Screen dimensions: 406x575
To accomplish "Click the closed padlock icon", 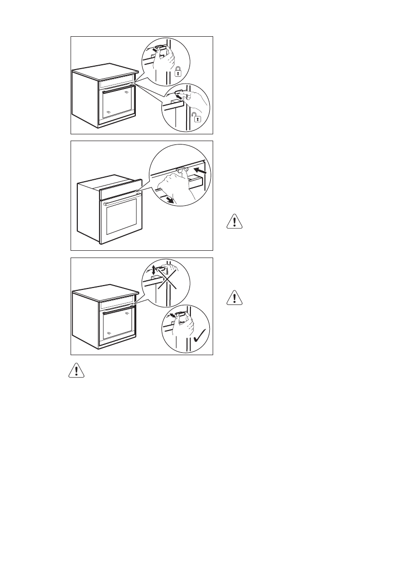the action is pyautogui.click(x=178, y=72).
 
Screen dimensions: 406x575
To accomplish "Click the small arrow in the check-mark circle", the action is pyautogui.click(x=169, y=315).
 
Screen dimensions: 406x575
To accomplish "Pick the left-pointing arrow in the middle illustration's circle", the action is pyautogui.click(x=203, y=171).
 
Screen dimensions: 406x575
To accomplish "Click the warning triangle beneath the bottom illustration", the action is pyautogui.click(x=75, y=371).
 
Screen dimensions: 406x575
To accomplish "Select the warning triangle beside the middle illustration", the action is pyautogui.click(x=234, y=222).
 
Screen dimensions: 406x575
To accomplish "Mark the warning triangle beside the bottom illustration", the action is pyautogui.click(x=234, y=298).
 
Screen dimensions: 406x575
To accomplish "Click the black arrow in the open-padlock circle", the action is pyautogui.click(x=179, y=97).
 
